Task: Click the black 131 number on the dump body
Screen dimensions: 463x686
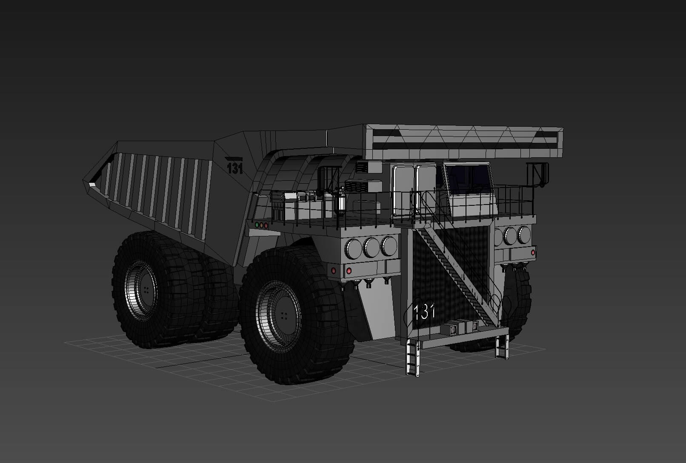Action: click(234, 168)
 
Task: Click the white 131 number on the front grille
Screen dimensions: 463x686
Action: click(424, 312)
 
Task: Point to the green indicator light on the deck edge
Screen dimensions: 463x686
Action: click(257, 224)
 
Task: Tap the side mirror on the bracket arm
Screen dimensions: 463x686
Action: click(543, 174)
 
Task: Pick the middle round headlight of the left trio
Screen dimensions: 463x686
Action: click(371, 247)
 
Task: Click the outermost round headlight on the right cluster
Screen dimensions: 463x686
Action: click(524, 235)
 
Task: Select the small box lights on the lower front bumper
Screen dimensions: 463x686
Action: click(460, 328)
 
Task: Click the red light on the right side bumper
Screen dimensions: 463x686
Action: click(533, 253)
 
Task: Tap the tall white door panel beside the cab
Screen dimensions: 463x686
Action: click(402, 191)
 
